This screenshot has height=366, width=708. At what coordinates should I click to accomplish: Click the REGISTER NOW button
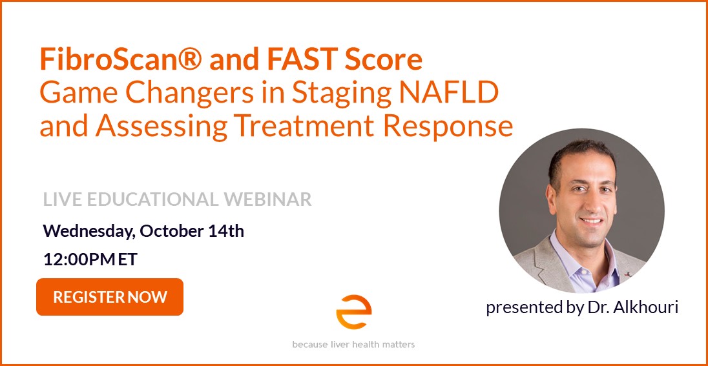click(110, 297)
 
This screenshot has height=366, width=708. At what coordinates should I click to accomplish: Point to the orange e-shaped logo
click(353, 312)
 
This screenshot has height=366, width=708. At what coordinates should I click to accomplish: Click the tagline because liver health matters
click(353, 345)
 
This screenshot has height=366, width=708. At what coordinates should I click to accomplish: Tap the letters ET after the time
click(129, 259)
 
